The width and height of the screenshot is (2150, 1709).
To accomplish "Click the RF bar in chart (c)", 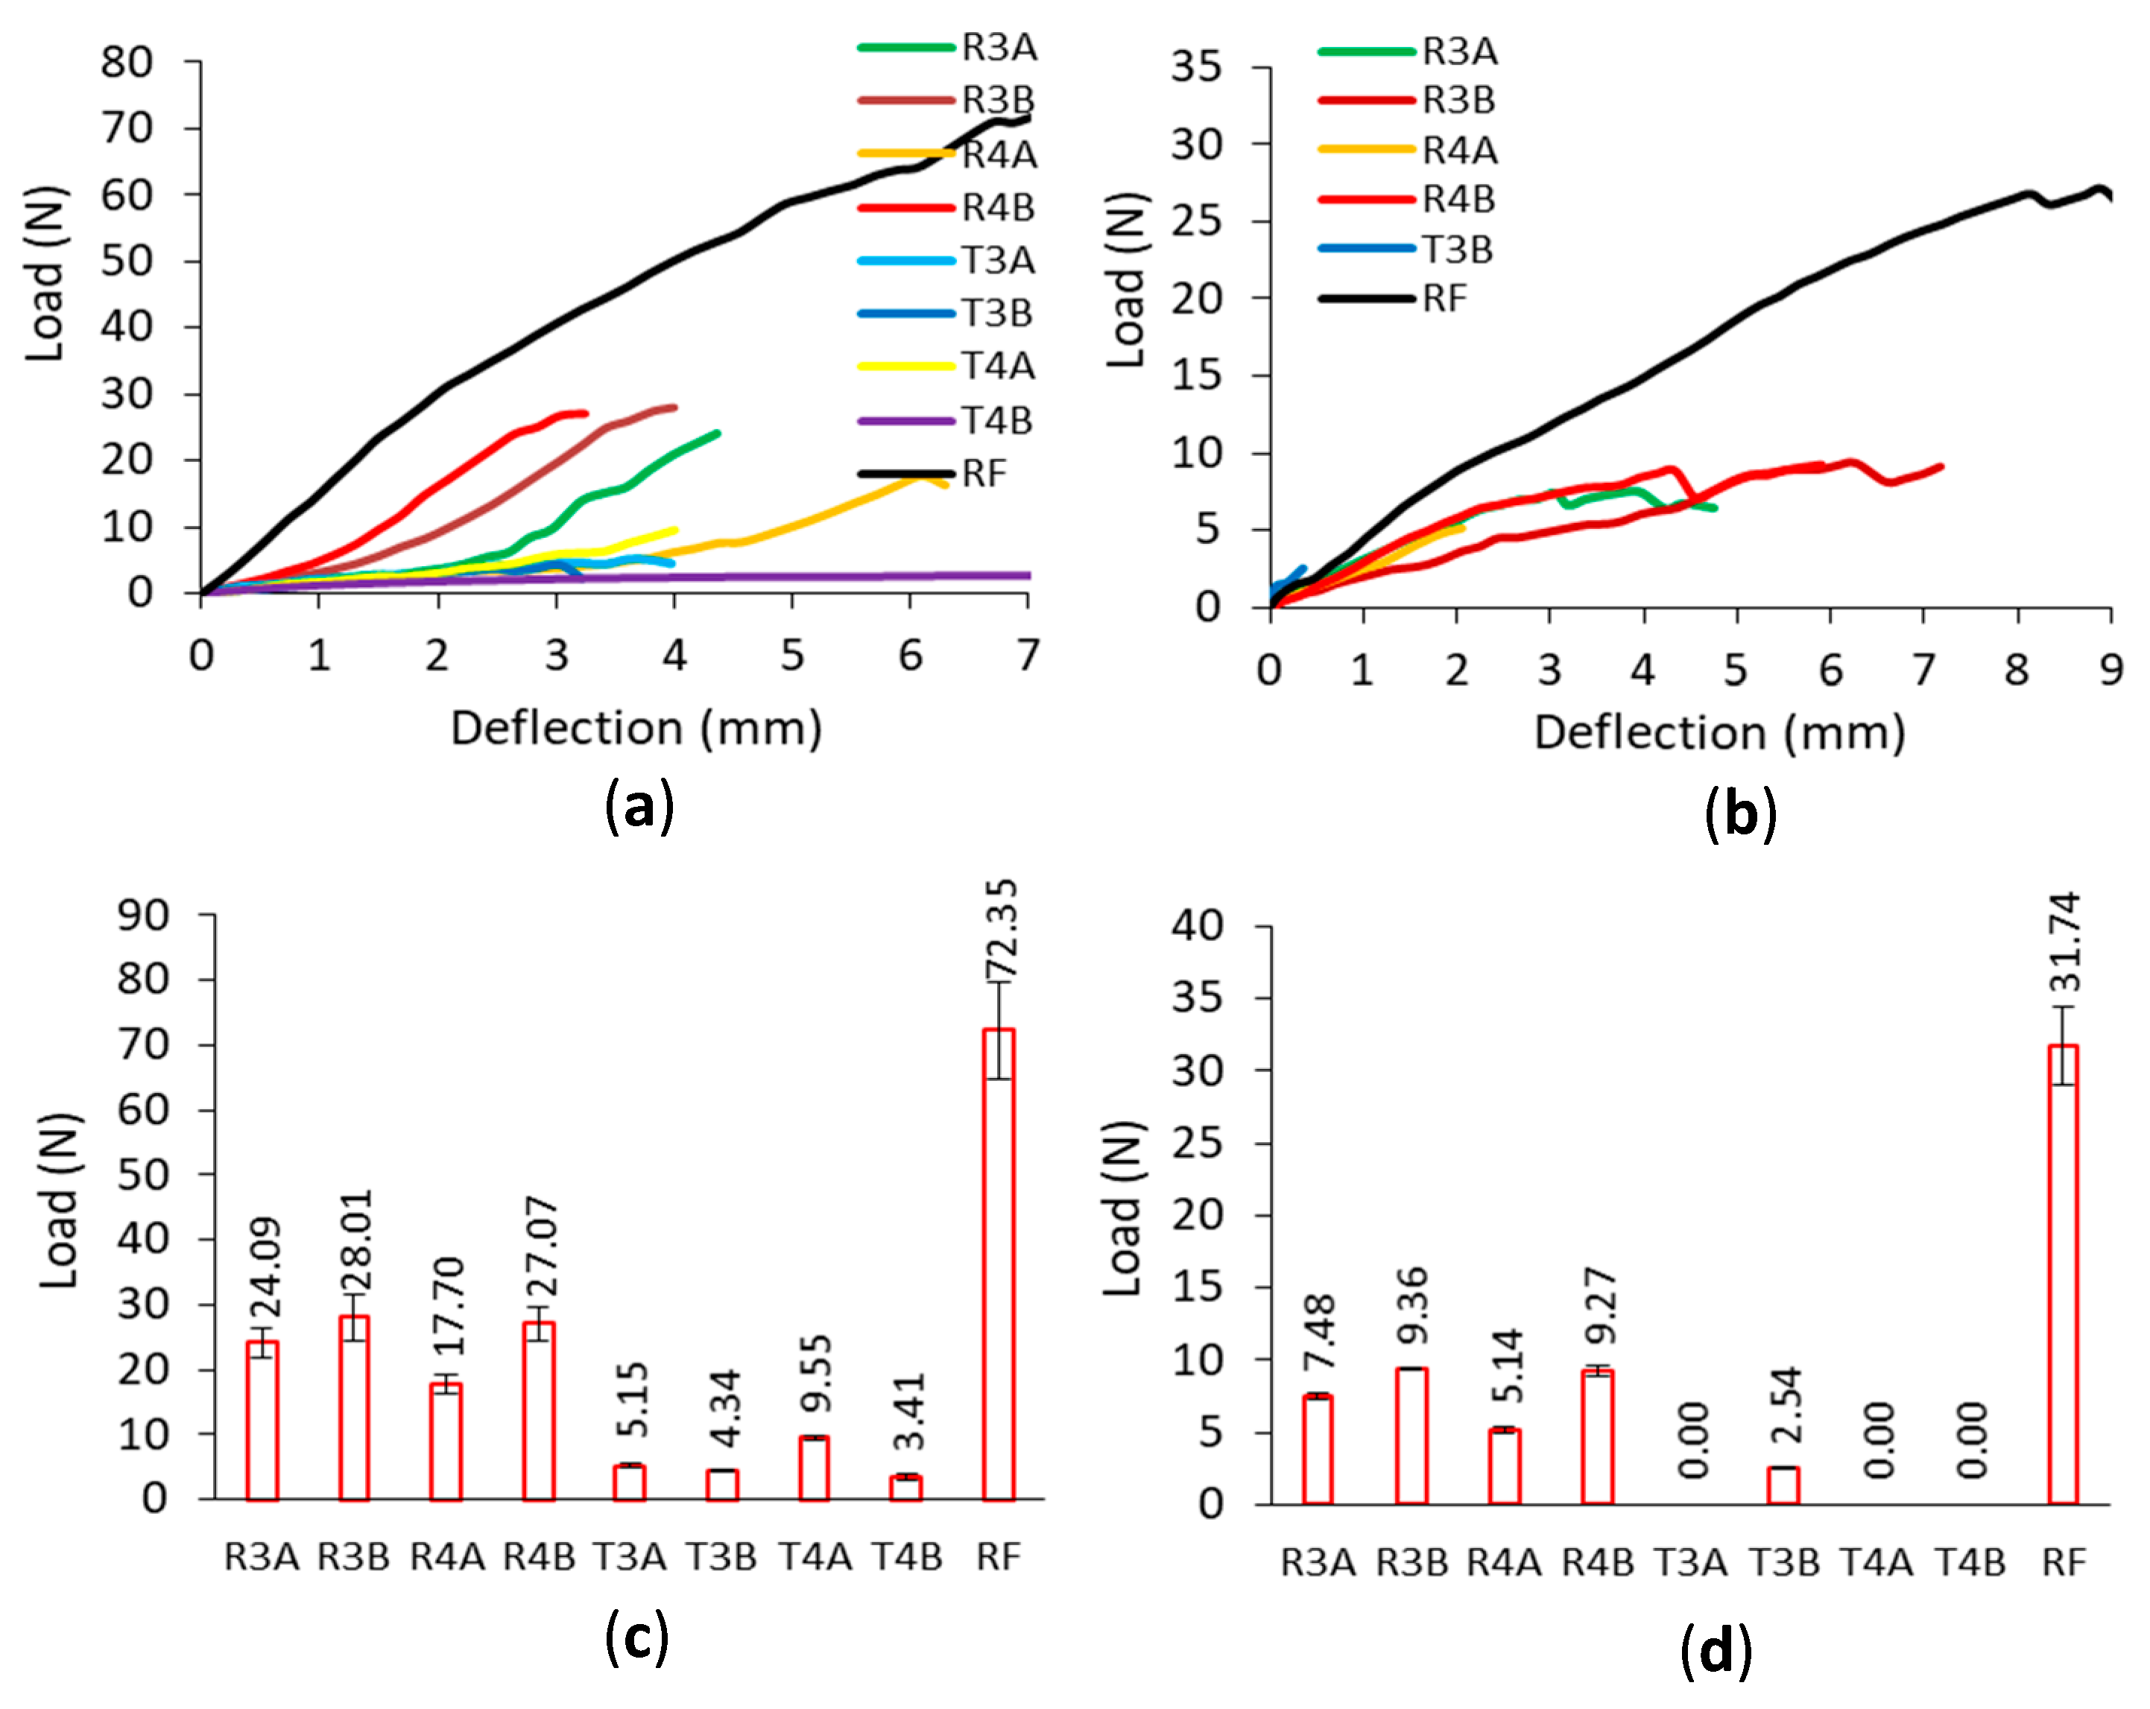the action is point(998,1264).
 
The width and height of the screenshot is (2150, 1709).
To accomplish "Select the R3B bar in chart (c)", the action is point(354,1408).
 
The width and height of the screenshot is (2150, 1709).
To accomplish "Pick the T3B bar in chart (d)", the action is point(1783,1485).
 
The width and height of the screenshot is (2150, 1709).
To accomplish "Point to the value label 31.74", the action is point(2065,942).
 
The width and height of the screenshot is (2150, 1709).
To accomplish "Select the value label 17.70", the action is point(449,1306).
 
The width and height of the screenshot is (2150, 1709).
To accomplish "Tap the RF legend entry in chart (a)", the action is point(933,474).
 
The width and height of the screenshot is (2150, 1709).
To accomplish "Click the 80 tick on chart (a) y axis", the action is point(127,62).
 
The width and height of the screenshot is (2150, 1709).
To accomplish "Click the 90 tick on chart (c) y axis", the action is point(142,916).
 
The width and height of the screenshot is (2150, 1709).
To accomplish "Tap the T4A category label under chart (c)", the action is point(815,1556).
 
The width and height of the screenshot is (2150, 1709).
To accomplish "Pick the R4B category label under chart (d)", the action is point(1598,1561).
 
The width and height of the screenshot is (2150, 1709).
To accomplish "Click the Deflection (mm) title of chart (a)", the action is point(636,728).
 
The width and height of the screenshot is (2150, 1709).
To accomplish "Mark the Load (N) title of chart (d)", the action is point(1124,1208).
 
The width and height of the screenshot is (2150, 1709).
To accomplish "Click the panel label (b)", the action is point(1741,814).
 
